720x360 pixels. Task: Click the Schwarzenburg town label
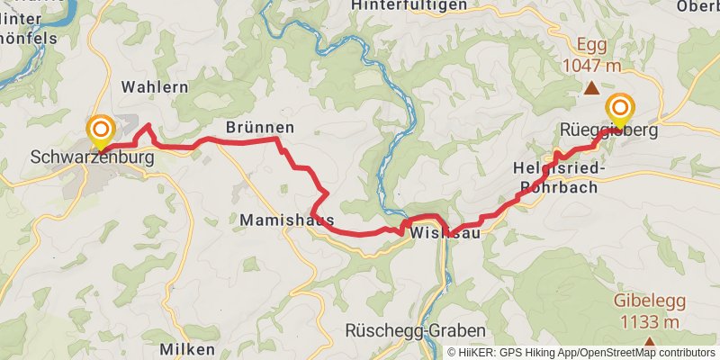tap(93, 157)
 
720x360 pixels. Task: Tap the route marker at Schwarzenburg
tap(99, 132)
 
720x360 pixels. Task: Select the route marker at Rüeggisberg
tap(619, 109)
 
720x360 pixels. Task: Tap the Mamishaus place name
tap(287, 220)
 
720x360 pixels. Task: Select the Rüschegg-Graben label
tap(415, 330)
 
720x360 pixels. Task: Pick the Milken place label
tap(187, 348)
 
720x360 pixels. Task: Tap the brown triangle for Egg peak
tap(591, 88)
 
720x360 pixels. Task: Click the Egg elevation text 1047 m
tap(592, 65)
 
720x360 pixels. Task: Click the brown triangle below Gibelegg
tap(649, 342)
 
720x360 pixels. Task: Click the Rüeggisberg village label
tap(609, 130)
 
